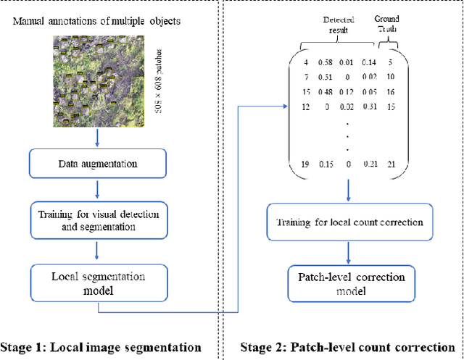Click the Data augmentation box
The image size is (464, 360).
97,164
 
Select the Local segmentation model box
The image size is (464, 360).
98,282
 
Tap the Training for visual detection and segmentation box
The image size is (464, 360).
98,220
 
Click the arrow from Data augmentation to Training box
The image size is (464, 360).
97,189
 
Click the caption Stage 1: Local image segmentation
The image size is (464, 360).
101,347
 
